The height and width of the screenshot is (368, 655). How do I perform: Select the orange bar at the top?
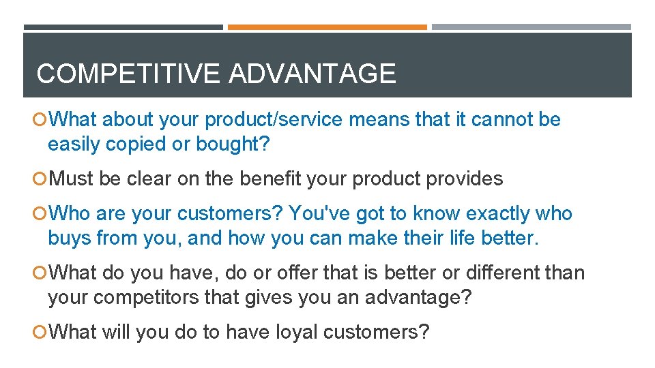pos(327,27)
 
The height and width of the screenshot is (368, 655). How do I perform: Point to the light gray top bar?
pos(531,27)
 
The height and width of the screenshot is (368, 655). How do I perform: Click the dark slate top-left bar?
pos(123,27)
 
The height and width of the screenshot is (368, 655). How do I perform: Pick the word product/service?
pos(274,120)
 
